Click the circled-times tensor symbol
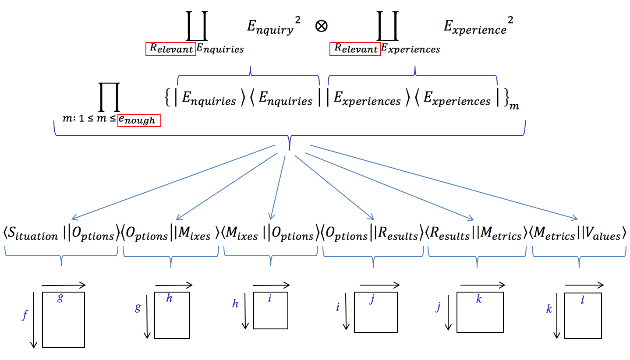coord(321,26)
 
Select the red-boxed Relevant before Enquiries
coord(171,49)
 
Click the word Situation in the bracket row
coord(33,235)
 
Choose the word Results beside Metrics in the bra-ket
coord(451,235)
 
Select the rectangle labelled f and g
coord(63,320)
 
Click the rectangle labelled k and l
coord(582,315)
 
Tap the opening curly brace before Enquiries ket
coord(167,100)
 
